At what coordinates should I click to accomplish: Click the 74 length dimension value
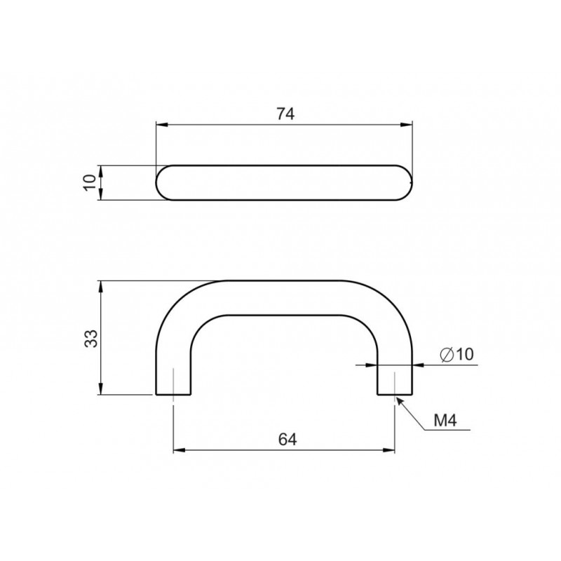(x=285, y=114)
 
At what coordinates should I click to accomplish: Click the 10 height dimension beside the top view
(x=90, y=182)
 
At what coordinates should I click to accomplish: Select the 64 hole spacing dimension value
(x=288, y=440)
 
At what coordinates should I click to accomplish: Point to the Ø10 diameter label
(x=457, y=354)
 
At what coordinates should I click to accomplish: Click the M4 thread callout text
(x=445, y=420)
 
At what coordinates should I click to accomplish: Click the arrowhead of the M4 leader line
(x=400, y=400)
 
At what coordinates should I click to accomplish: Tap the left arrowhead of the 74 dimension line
(x=162, y=125)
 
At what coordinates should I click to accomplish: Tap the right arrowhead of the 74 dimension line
(x=407, y=125)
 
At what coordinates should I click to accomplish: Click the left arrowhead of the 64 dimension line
(x=179, y=450)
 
